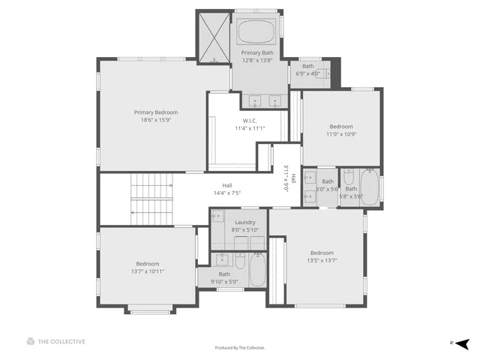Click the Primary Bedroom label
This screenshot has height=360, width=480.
point(156,112)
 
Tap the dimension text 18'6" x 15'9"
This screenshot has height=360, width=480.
point(156,120)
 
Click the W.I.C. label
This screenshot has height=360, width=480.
point(250,121)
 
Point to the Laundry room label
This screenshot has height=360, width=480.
point(244,222)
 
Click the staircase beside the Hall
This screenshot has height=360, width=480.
point(151,198)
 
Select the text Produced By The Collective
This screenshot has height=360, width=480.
point(240,348)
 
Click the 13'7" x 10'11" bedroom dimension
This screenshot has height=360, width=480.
point(148,271)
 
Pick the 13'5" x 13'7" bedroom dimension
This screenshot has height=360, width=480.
point(322,260)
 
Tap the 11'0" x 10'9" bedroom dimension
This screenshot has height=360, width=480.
point(341,134)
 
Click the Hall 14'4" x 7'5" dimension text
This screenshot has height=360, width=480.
point(226,193)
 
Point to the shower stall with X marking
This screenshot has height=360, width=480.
point(213,37)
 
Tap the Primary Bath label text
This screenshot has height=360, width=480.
point(257,52)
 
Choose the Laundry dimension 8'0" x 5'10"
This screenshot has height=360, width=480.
point(244,229)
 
